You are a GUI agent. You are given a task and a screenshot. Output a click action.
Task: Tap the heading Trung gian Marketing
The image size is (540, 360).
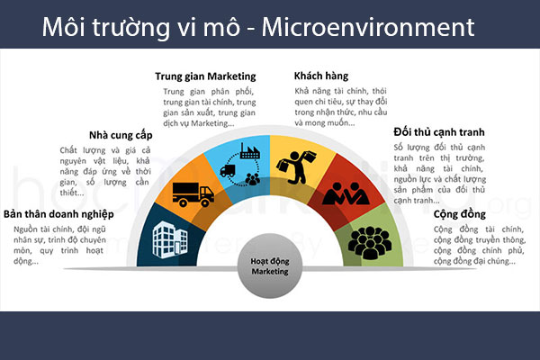click(204, 76)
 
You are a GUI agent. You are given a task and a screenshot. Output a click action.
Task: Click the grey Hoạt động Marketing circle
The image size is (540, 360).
click(270, 269)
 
